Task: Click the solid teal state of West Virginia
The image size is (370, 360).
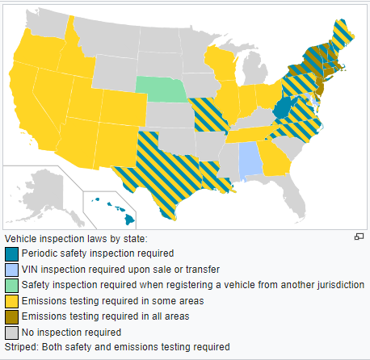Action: [x=282, y=108]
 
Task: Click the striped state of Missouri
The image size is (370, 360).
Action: [x=208, y=114]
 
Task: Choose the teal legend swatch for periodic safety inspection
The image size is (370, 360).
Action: [x=11, y=253]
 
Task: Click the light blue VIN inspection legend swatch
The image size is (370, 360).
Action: [x=11, y=269]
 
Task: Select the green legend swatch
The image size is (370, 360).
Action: [x=11, y=284]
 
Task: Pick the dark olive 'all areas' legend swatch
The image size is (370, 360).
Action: [x=11, y=316]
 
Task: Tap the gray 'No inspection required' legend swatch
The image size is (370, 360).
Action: [x=11, y=332]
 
